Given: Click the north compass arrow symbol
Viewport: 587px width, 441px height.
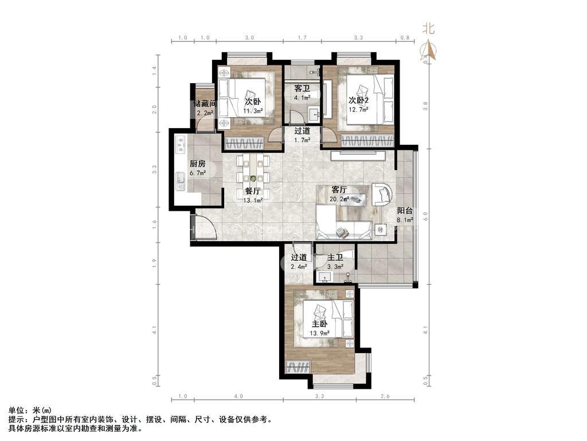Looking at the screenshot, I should pyautogui.click(x=428, y=51).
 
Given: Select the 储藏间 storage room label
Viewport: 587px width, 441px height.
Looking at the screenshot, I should pyautogui.click(x=205, y=104).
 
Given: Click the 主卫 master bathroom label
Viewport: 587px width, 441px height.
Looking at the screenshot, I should pyautogui.click(x=335, y=258).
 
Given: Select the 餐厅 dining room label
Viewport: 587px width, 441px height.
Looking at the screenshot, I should pyautogui.click(x=253, y=192).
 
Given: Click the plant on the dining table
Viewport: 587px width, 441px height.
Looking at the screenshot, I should pyautogui.click(x=253, y=179).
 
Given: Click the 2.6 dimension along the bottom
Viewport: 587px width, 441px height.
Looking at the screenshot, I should pyautogui.click(x=385, y=396).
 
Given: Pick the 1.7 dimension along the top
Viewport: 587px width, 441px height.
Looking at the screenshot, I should pyautogui.click(x=302, y=38).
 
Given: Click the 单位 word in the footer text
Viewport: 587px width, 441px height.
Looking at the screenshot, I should pyautogui.click(x=16, y=411).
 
